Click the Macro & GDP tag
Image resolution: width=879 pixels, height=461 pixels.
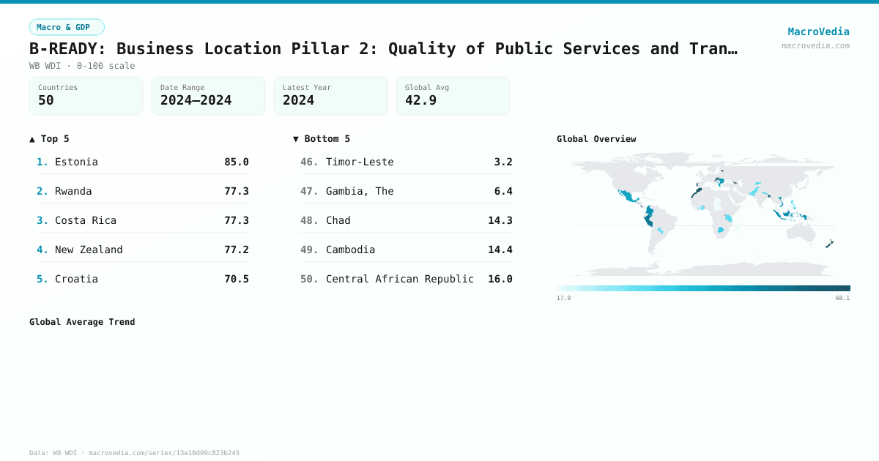click(x=67, y=27)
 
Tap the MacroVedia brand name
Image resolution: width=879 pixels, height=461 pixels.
click(x=818, y=31)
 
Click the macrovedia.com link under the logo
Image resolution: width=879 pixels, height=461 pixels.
click(x=815, y=45)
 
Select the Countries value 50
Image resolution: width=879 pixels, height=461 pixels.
click(x=46, y=100)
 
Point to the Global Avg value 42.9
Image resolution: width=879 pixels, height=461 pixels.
click(x=420, y=100)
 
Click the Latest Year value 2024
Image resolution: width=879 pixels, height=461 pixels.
click(x=298, y=100)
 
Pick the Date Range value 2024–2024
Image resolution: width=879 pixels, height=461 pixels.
click(x=196, y=100)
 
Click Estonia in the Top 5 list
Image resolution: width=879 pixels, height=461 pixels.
click(x=76, y=162)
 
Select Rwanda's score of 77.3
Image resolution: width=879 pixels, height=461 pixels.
click(x=236, y=191)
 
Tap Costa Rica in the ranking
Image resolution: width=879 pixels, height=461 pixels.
click(x=85, y=220)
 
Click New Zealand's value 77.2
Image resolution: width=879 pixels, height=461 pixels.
click(x=236, y=250)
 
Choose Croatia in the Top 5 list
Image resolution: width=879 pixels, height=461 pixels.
click(x=76, y=279)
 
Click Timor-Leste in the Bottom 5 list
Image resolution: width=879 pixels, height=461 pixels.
click(x=360, y=162)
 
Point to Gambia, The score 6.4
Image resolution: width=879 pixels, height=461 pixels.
click(x=503, y=191)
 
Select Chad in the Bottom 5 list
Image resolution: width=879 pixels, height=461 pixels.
click(x=338, y=220)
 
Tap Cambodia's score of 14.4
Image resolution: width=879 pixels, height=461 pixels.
click(x=500, y=250)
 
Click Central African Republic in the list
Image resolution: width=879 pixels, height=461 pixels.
click(x=399, y=279)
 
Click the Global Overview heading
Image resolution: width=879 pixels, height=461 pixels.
click(x=596, y=139)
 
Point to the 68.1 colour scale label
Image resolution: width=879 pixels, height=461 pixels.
click(x=842, y=298)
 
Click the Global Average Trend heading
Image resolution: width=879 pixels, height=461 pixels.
click(x=82, y=322)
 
